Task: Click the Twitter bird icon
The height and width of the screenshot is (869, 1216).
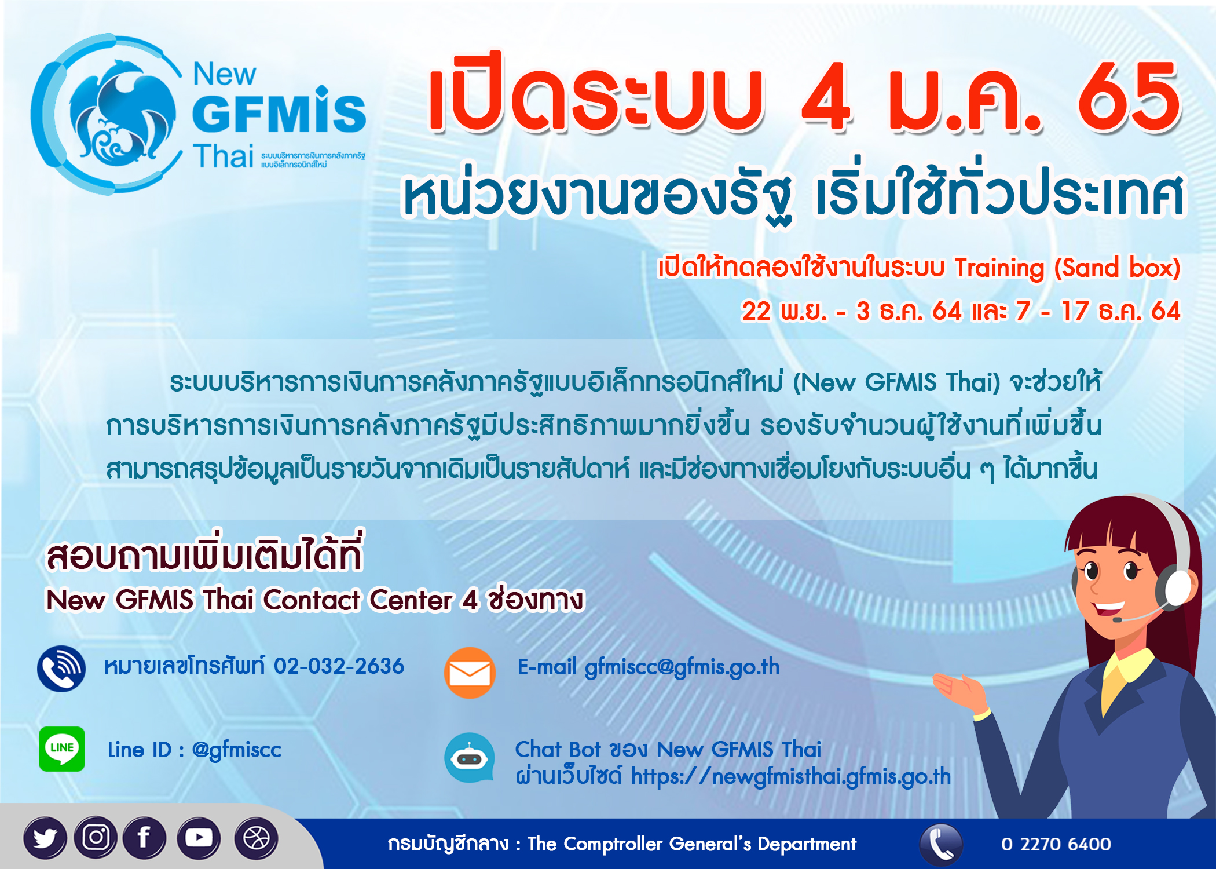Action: [45, 838]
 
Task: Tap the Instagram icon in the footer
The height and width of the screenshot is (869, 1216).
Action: [96, 837]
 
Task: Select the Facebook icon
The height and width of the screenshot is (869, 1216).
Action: [144, 838]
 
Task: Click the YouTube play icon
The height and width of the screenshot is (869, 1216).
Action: [199, 838]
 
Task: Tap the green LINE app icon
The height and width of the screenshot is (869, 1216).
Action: [62, 748]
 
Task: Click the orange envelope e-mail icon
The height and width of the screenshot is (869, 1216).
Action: [470, 673]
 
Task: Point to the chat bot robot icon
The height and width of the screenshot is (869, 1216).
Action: [470, 758]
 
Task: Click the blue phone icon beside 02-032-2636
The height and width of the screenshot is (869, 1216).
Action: [61, 669]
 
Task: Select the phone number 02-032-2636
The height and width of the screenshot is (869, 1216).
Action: [339, 666]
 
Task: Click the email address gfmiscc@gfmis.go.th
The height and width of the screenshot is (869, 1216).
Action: [682, 667]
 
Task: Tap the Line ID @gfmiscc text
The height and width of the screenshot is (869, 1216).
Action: [195, 750]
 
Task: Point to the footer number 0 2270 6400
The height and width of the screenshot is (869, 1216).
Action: [1056, 844]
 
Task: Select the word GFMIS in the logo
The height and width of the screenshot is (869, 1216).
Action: [279, 111]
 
